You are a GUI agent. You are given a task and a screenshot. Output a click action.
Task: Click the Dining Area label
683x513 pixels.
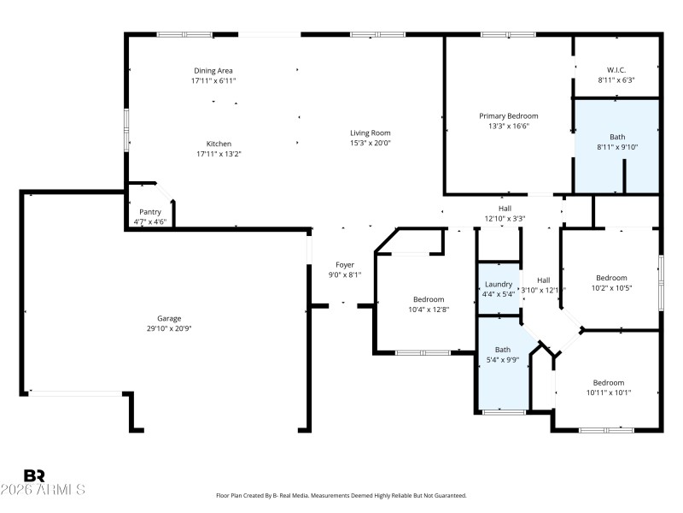[x=213, y=70]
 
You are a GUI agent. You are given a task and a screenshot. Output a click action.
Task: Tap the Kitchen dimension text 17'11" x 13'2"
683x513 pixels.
[x=213, y=155]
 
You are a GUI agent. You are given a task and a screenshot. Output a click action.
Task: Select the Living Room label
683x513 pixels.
[x=370, y=133]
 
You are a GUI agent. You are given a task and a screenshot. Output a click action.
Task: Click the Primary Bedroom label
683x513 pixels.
[x=508, y=115]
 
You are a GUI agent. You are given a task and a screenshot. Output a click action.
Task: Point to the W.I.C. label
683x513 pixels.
[x=616, y=69]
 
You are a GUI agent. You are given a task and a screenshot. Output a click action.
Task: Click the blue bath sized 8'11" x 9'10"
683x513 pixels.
[x=616, y=145]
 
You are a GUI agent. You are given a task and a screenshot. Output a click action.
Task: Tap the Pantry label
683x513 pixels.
[x=150, y=211]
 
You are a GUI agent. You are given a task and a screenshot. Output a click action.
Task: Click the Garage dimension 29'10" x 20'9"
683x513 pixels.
[x=168, y=328]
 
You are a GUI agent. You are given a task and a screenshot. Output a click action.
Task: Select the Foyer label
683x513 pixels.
[x=344, y=264]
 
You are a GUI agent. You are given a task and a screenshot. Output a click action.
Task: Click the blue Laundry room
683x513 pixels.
[x=499, y=289]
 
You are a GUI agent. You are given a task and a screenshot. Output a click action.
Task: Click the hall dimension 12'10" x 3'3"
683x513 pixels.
[x=505, y=218]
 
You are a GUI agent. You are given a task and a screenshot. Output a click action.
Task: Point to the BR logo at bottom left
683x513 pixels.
[x=34, y=475]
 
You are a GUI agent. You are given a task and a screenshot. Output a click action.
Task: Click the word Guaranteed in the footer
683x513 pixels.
[x=447, y=495]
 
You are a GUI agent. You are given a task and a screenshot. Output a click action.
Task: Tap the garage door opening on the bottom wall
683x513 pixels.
[x=77, y=392]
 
